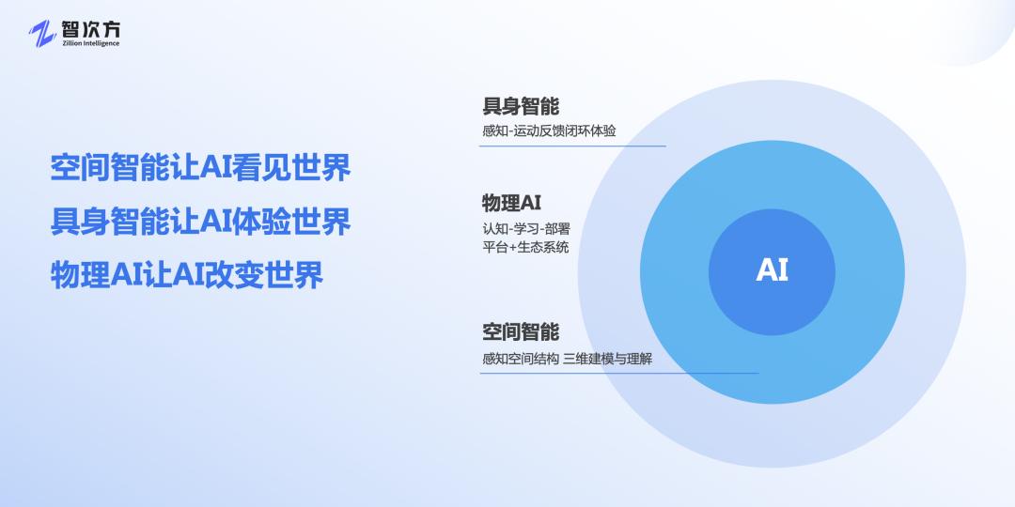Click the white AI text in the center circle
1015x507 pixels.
point(772,270)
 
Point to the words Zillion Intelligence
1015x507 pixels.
point(88,43)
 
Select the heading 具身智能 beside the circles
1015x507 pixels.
point(521,106)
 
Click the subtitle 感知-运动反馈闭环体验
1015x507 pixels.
point(549,131)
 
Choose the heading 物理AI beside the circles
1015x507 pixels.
point(511,203)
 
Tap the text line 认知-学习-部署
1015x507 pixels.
point(525,229)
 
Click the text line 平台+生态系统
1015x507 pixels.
point(525,248)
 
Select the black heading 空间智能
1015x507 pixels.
point(521,331)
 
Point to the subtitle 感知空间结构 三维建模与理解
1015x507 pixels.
point(567,358)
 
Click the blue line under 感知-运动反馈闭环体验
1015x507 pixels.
point(573,146)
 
